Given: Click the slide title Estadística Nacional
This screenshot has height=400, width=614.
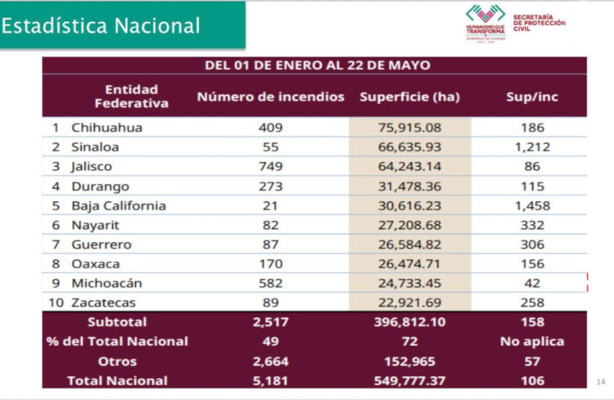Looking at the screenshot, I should click(x=102, y=25).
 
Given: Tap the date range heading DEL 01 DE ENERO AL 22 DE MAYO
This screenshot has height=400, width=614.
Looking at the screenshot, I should click(x=318, y=65).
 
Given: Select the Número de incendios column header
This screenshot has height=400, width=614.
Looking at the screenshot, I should click(x=270, y=97).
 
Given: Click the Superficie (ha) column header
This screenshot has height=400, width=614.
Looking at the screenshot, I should click(x=409, y=97).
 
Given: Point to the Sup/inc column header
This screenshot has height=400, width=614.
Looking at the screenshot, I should click(x=532, y=97).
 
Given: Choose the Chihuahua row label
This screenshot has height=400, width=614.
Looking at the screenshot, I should click(x=106, y=128).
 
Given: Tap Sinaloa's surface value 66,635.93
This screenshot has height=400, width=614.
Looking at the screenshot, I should click(x=409, y=147).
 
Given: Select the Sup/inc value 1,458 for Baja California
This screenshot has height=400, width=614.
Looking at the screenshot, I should click(x=532, y=205).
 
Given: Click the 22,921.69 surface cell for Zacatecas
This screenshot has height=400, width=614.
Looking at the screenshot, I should click(x=409, y=303).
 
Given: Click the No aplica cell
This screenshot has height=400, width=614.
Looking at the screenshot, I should click(x=532, y=341).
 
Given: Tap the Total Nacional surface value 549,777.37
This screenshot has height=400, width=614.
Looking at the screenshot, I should click(x=409, y=380).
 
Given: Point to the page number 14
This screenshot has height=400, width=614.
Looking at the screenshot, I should click(x=601, y=381).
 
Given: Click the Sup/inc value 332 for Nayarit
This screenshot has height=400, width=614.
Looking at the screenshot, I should click(x=532, y=225).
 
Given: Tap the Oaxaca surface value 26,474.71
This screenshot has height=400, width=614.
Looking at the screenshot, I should click(x=409, y=264).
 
